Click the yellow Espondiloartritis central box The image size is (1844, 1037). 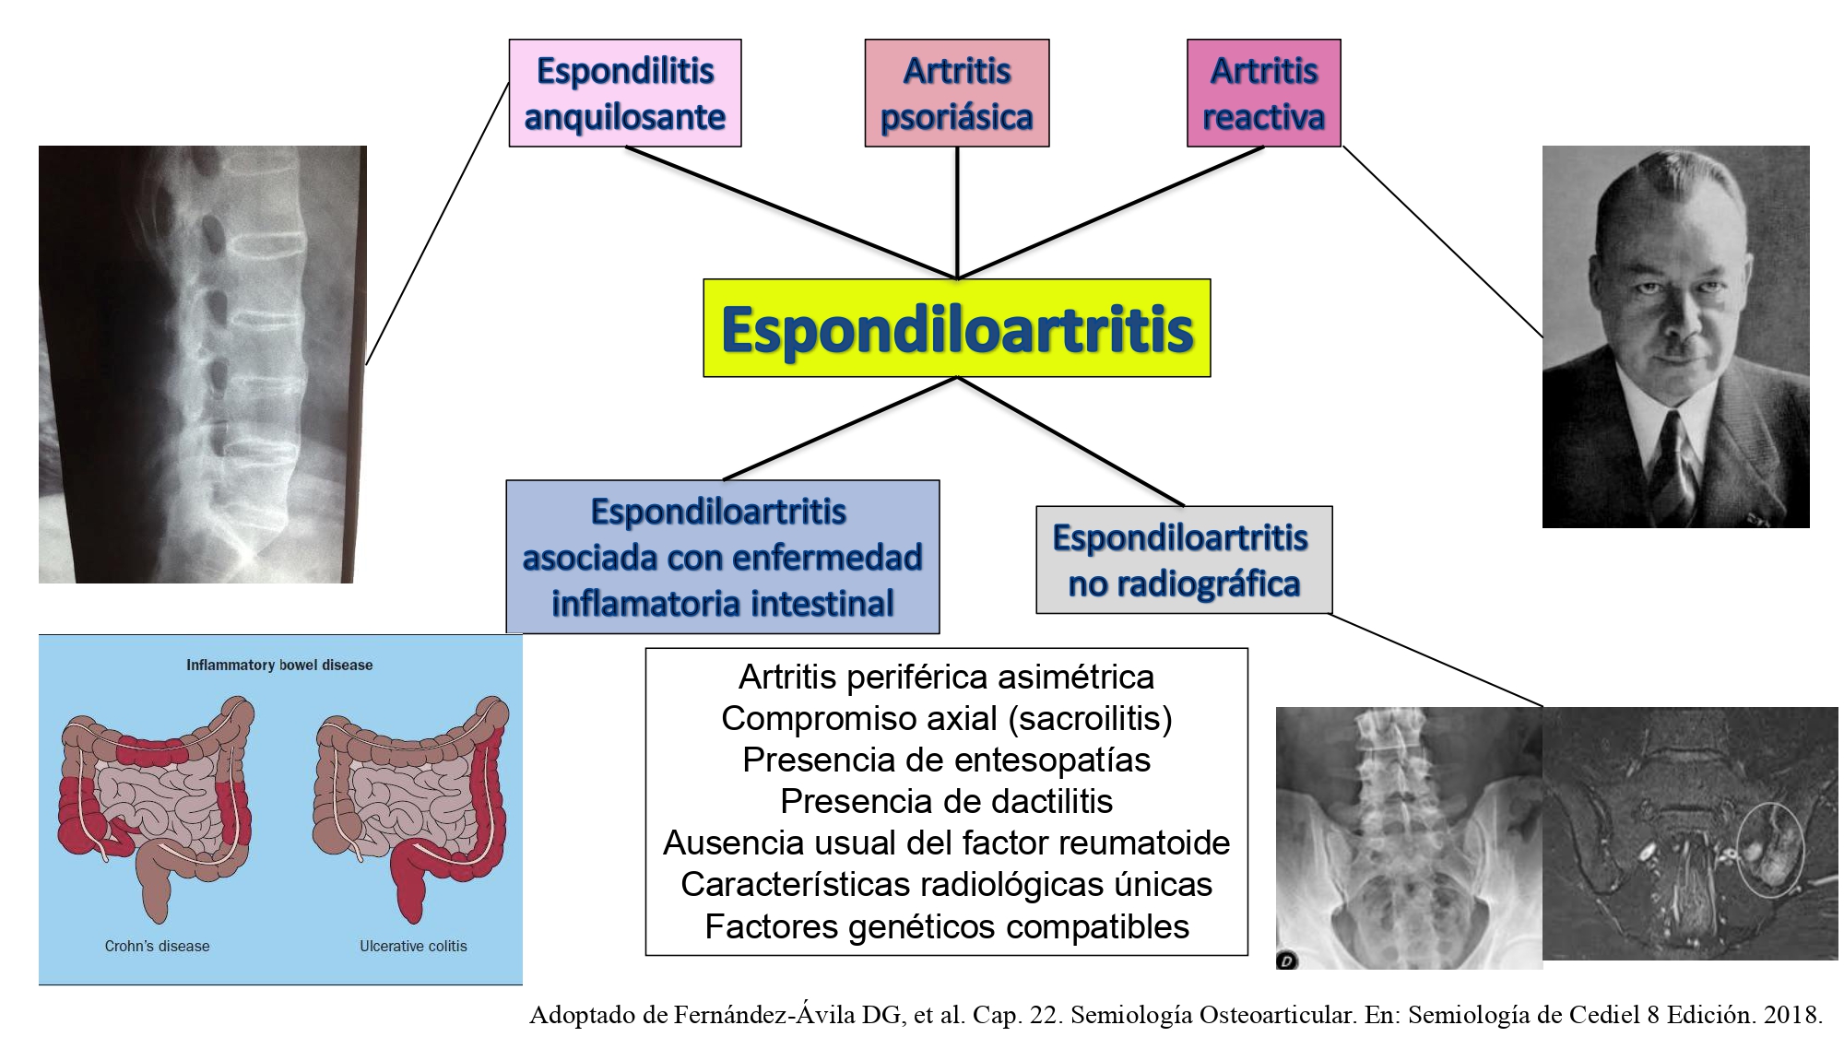point(956,328)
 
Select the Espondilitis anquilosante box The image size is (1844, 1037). point(625,93)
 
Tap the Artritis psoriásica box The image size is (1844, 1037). point(957,93)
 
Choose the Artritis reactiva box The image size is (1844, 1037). point(1264,93)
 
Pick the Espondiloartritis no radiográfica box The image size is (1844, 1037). point(1184,560)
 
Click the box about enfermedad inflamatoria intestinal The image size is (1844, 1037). point(723,557)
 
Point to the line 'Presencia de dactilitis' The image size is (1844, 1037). point(947,801)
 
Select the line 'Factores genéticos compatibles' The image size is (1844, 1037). point(947,926)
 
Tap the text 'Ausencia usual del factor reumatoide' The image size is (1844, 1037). point(947,843)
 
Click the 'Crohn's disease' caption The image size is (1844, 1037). point(157,946)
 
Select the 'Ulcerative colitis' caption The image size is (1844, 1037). point(413,946)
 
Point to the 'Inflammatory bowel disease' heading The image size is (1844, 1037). point(279,665)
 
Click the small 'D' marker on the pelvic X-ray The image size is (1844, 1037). point(1287,960)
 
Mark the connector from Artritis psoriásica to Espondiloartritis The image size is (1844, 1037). point(957,213)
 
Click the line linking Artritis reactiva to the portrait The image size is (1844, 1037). point(1442,242)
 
